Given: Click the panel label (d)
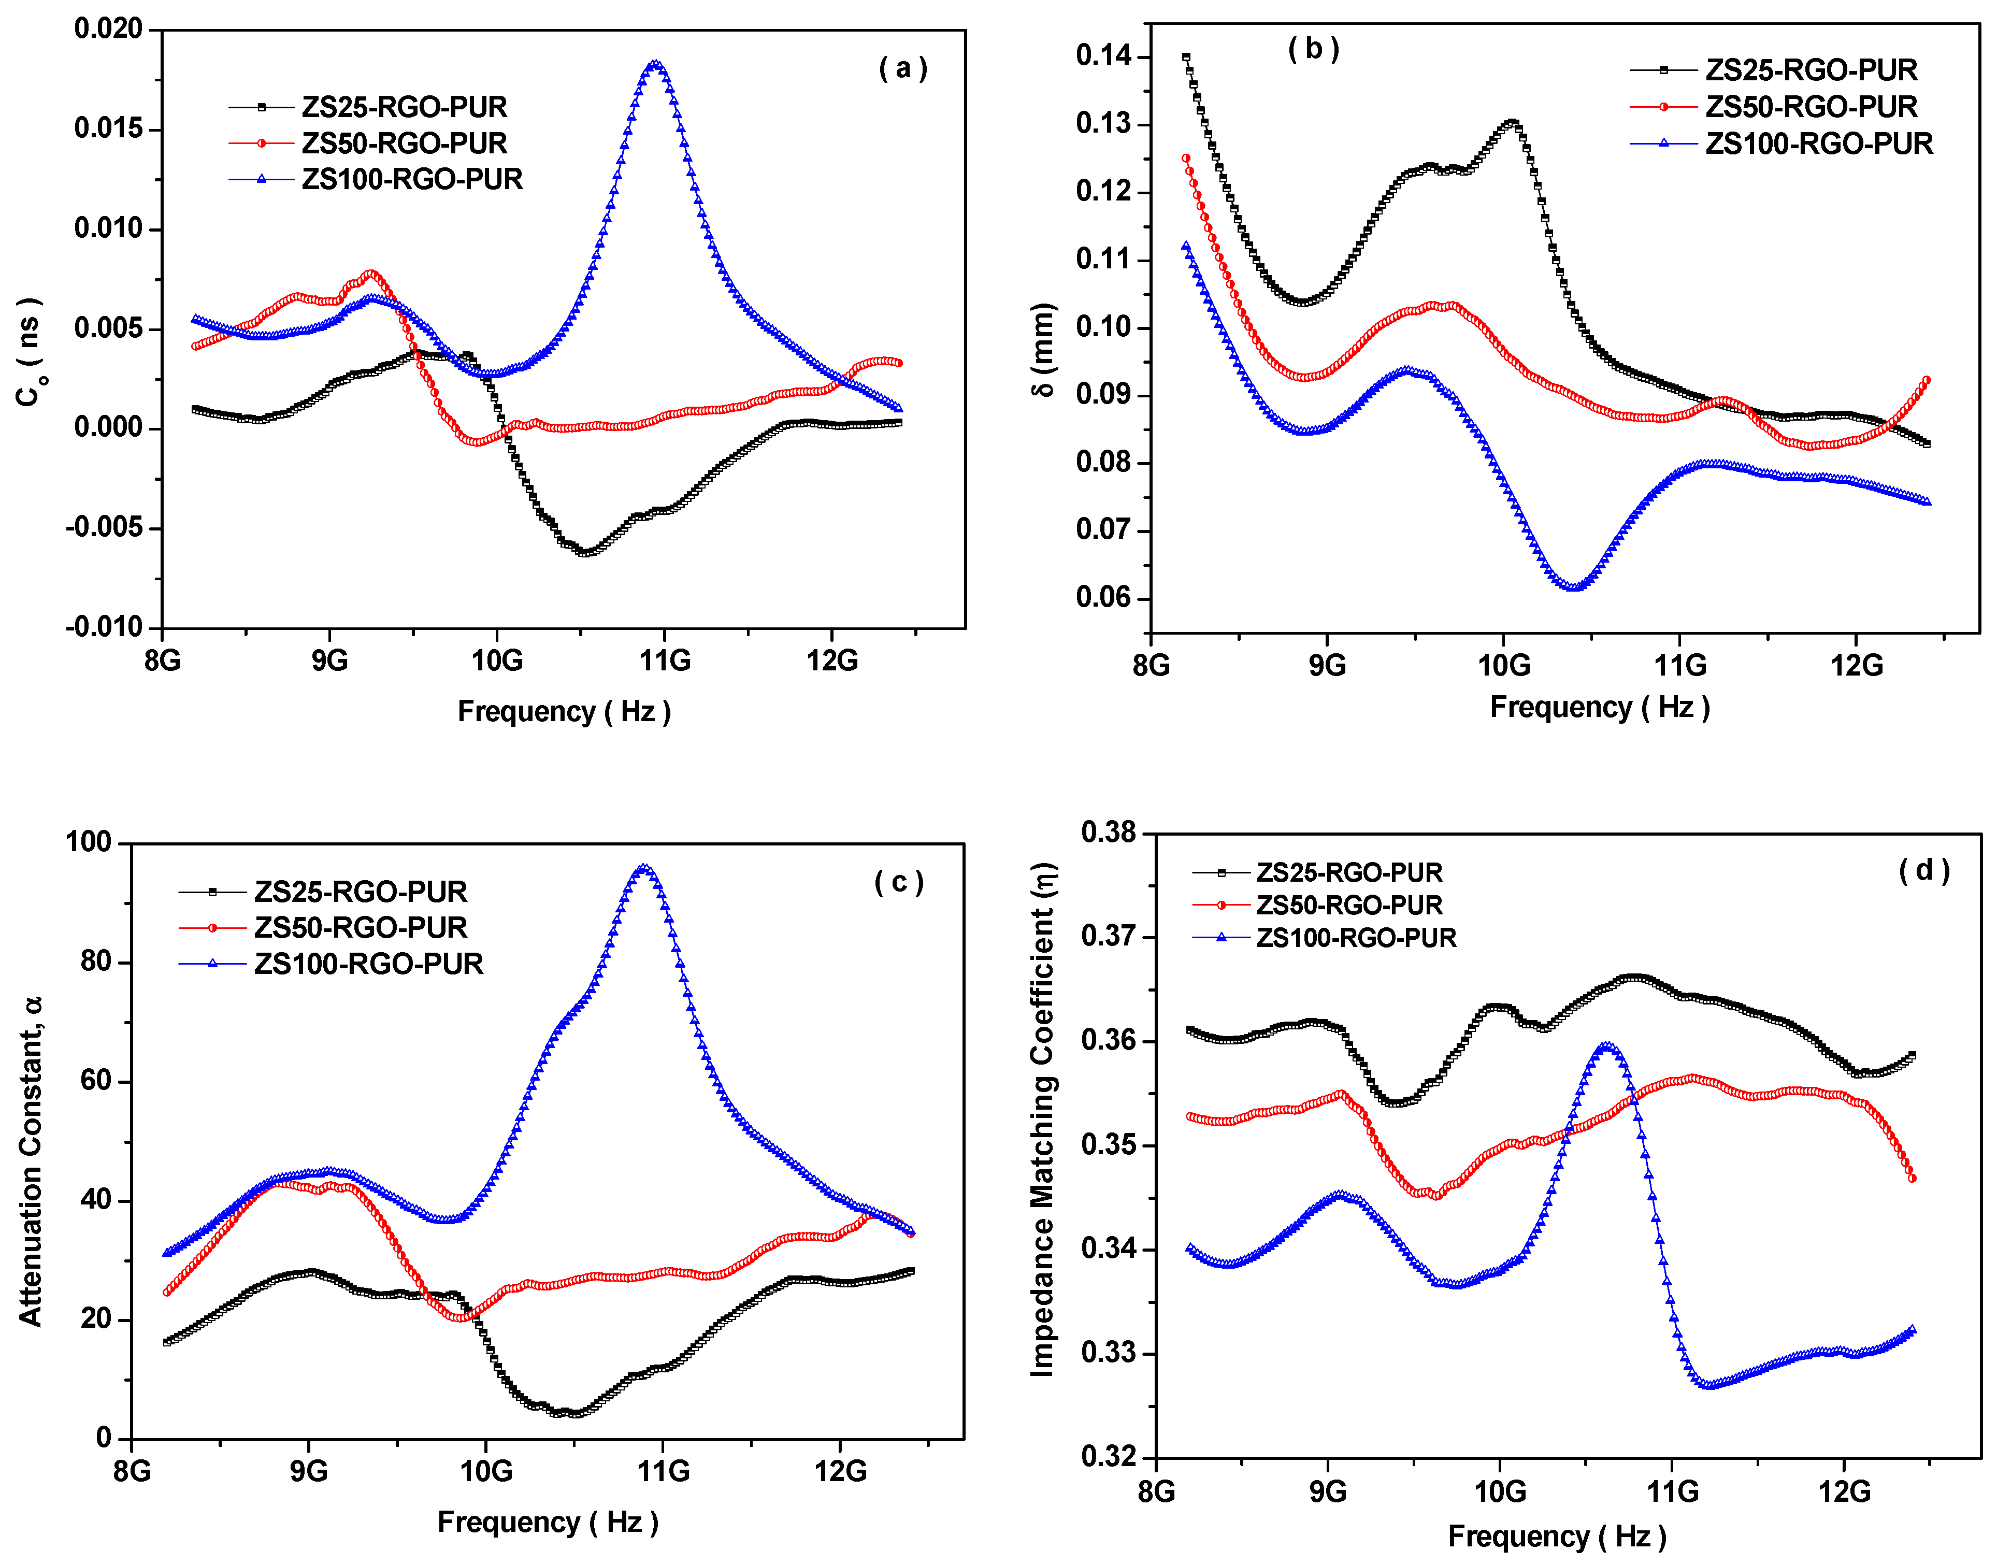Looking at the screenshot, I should click(x=1924, y=870).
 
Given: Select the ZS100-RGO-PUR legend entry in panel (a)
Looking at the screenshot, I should click(x=411, y=179).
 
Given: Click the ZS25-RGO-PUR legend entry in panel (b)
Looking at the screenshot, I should click(x=1810, y=70).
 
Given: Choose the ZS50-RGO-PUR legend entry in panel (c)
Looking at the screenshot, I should click(x=360, y=928).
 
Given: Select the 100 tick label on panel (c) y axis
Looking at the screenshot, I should click(x=88, y=842).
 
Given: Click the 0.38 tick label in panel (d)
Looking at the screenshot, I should click(x=1108, y=833).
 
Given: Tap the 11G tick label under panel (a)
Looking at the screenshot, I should click(x=665, y=660).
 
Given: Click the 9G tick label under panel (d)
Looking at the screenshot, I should click(x=1328, y=1493).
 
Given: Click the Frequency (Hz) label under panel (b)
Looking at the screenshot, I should click(x=1599, y=707).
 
